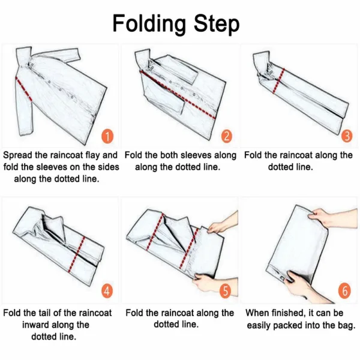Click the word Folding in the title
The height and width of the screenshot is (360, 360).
[x=149, y=24]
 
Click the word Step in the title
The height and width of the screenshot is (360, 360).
[x=217, y=24]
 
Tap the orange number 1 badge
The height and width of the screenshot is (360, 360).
[x=107, y=136]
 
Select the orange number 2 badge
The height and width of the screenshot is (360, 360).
[x=227, y=136]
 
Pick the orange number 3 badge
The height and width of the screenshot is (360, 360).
[x=347, y=136]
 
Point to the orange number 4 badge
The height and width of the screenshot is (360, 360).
[x=107, y=291]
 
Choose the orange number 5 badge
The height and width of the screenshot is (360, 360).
[x=226, y=290]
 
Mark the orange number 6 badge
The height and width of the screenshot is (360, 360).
[x=344, y=290]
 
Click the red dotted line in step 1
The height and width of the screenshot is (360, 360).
[x=23, y=89]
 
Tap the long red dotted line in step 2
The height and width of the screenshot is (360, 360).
[x=178, y=94]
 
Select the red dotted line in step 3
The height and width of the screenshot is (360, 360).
[x=278, y=81]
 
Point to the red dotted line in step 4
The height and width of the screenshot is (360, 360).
[x=77, y=254]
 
